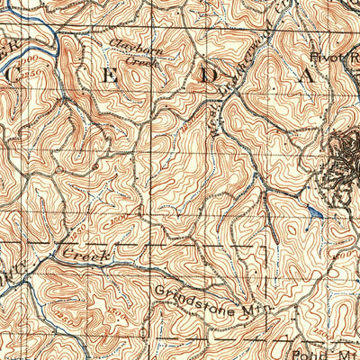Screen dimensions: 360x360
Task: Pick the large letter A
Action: pos(307,77)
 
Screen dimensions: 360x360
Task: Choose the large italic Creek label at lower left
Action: pos(85,256)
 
